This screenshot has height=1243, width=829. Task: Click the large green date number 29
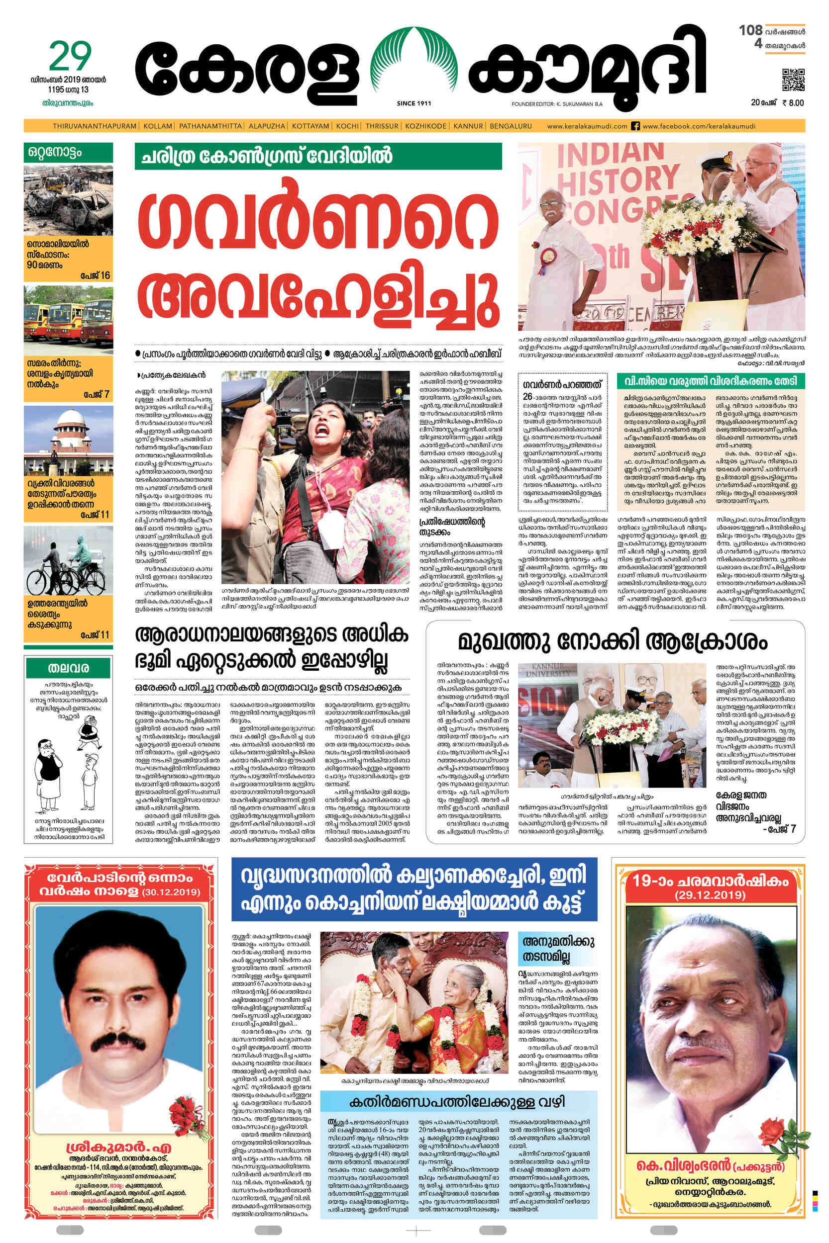pyautogui.click(x=70, y=57)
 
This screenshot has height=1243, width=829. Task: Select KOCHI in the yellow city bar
pyautogui.click(x=347, y=126)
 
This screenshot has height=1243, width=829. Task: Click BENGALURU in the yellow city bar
pyautogui.click(x=511, y=126)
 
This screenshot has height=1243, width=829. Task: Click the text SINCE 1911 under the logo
pyautogui.click(x=414, y=103)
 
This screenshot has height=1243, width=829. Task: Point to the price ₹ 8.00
pyautogui.click(x=793, y=103)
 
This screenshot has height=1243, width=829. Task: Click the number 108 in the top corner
pyautogui.click(x=751, y=30)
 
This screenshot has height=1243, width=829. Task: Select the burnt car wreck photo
pyautogui.click(x=68, y=200)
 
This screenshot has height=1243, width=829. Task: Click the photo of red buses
pyautogui.click(x=68, y=320)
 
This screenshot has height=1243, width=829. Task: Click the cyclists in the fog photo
pyautogui.click(x=68, y=561)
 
